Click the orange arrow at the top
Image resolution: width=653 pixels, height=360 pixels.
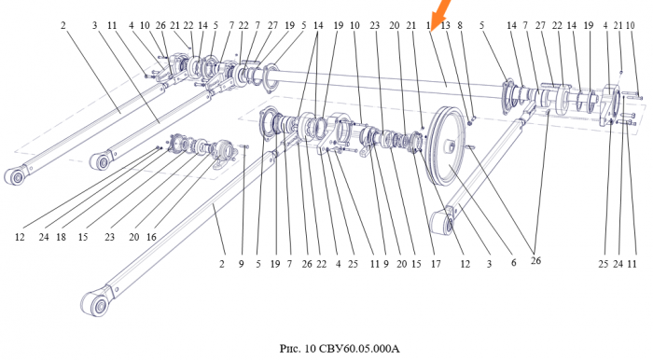click(x=439, y=15)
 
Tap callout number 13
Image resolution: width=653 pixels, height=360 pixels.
click(x=446, y=25)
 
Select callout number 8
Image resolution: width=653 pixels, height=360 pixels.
click(x=460, y=25)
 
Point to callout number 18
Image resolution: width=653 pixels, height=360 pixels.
click(x=61, y=237)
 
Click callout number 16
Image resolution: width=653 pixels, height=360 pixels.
click(x=151, y=237)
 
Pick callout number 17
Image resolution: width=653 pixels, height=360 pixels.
click(x=436, y=264)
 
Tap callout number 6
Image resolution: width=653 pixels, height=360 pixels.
click(x=513, y=263)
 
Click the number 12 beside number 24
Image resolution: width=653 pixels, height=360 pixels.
click(x=20, y=237)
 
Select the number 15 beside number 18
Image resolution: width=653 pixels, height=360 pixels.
click(x=83, y=237)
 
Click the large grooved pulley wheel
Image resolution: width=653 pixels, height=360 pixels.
click(x=447, y=145)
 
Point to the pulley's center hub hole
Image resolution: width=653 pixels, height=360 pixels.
click(x=451, y=145)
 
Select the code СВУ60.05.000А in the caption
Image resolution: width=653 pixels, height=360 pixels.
click(x=359, y=348)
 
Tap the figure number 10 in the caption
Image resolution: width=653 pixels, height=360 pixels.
click(x=311, y=348)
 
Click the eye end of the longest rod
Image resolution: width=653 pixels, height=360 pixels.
click(x=96, y=304)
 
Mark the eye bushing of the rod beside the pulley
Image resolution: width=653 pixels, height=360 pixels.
click(x=450, y=224)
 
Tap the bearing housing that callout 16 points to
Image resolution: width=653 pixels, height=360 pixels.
click(x=224, y=151)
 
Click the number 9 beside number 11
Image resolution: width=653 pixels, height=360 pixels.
click(x=386, y=264)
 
